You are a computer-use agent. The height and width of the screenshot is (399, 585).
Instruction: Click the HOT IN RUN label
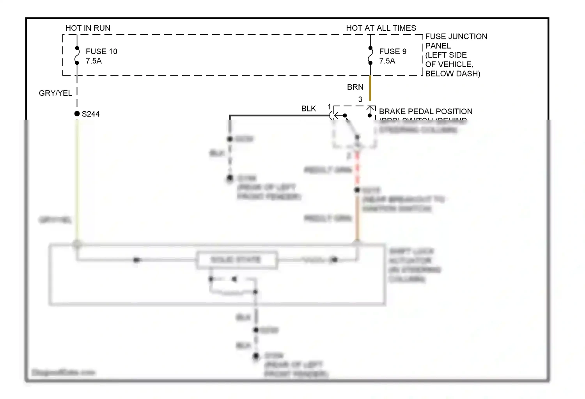[88, 28]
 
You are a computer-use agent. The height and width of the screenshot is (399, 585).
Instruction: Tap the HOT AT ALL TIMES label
[381, 28]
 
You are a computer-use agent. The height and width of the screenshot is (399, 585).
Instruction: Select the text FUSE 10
[101, 51]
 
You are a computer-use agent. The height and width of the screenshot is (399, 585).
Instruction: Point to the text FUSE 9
[392, 51]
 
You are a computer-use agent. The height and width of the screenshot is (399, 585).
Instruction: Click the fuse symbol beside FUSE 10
[77, 55]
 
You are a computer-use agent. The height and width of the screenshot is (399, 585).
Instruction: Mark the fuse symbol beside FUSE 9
[370, 55]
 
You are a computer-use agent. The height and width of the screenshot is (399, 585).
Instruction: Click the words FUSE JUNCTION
[456, 37]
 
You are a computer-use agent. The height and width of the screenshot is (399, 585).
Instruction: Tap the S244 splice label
[90, 114]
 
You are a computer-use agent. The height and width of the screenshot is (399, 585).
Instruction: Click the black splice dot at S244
[77, 114]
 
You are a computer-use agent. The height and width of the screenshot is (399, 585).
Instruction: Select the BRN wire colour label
[355, 87]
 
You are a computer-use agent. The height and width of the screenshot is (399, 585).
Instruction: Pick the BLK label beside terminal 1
[308, 109]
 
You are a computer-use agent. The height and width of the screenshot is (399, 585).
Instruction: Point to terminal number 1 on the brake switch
[330, 107]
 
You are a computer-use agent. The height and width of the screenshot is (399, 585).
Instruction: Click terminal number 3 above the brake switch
[360, 100]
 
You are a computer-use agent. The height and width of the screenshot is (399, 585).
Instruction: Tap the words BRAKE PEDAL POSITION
[425, 111]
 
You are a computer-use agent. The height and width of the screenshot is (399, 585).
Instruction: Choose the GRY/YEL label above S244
[55, 93]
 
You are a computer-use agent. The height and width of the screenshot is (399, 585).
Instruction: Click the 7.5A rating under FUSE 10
[94, 61]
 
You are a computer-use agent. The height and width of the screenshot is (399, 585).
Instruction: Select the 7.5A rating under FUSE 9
[387, 61]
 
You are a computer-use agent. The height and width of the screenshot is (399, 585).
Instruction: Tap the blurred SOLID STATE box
[236, 260]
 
